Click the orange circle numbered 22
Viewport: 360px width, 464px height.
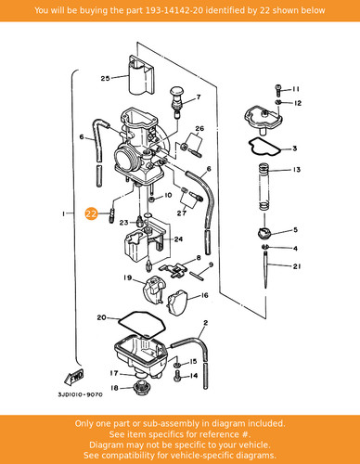tap(91, 213)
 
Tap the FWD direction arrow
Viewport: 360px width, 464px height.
tap(74, 377)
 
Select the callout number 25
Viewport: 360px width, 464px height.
tap(105, 78)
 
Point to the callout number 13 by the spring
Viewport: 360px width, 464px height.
tap(297, 170)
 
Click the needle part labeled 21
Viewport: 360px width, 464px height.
tap(265, 270)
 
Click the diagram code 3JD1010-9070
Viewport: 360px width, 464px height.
tap(80, 394)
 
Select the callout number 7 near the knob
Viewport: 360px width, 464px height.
tap(199, 97)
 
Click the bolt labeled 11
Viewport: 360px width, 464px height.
tap(278, 90)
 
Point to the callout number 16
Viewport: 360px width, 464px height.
tap(205, 295)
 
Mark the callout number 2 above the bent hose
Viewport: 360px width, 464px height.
tap(206, 323)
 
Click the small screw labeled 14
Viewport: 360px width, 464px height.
tap(177, 376)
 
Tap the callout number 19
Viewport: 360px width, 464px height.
tap(127, 277)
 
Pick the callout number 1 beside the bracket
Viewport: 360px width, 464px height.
tap(63, 213)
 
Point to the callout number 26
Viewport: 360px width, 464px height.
tap(199, 128)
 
